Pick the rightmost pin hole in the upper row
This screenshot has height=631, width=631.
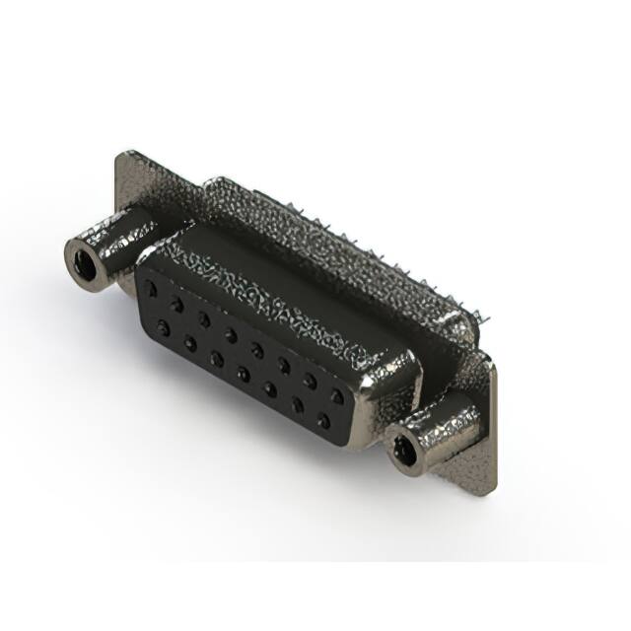338,396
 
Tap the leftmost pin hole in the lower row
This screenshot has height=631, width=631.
163,325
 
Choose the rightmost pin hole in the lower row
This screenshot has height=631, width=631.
323,421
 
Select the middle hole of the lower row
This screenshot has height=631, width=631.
243,374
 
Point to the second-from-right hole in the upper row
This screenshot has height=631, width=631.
311,381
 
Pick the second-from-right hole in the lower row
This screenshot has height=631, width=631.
297,405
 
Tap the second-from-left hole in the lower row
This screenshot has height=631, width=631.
189,341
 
